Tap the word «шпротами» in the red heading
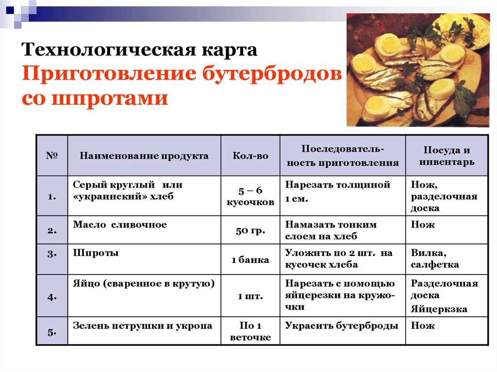[110, 98]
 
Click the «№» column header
[52, 155]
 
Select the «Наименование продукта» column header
[144, 156]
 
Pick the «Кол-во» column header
[250, 156]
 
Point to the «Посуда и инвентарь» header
[447, 156]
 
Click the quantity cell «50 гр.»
[250, 230]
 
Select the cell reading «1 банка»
[250, 260]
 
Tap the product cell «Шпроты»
[96, 253]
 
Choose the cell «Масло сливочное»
[120, 225]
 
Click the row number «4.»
[52, 297]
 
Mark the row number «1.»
[52, 197]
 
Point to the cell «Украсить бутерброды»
[341, 326]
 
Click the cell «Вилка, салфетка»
[435, 259]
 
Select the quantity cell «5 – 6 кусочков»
[250, 196]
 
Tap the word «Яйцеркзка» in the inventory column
[439, 308]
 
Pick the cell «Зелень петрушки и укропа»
[143, 326]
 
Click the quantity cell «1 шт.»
[250, 296]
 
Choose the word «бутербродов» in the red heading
[272, 74]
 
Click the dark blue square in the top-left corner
[10, 10]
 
